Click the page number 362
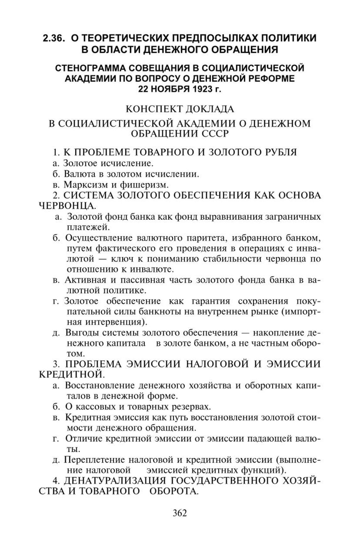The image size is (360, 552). coord(180,513)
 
